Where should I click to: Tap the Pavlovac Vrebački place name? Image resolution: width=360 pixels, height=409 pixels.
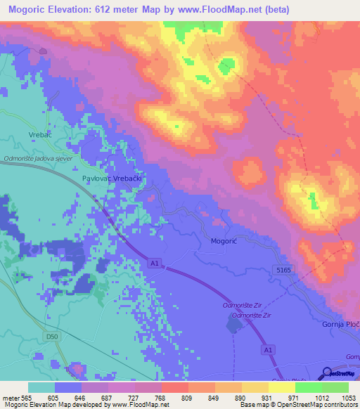[112, 179]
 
